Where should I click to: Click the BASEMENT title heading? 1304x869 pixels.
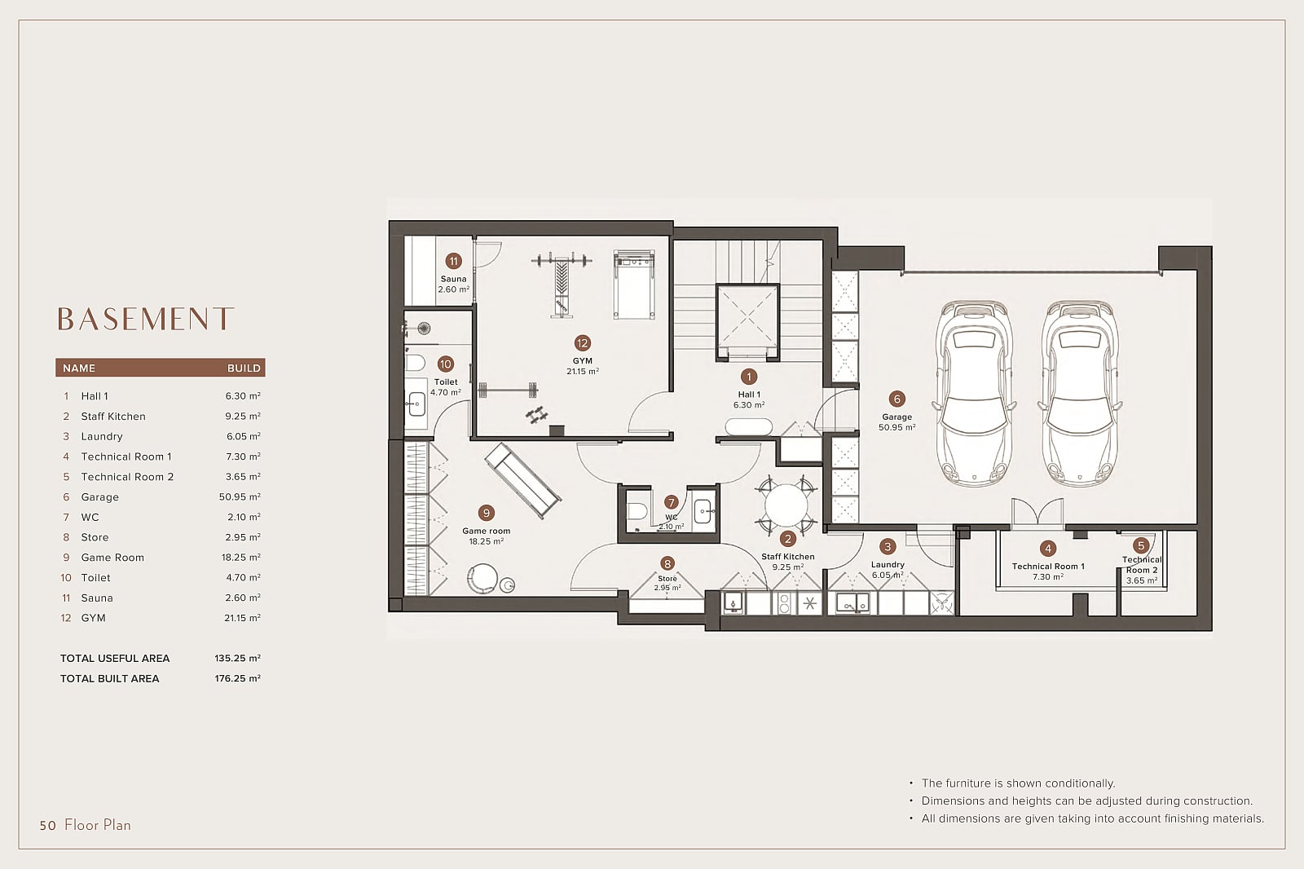146,319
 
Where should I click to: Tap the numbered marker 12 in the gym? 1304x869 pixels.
582,343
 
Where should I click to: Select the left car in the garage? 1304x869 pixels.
974,393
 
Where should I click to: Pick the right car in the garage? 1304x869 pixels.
1080,393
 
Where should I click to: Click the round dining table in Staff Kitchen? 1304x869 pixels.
786,505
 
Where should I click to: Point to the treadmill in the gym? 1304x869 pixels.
634,285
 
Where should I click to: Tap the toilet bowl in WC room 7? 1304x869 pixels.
637,511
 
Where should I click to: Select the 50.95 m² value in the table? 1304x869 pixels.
240,496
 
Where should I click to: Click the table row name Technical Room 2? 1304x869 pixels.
127,476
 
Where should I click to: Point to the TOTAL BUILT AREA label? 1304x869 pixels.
109,678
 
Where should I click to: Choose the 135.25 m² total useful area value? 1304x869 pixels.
237,658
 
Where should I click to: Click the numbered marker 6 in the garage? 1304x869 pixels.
896,399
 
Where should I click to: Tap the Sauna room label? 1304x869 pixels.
453,279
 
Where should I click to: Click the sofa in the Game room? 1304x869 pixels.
522,480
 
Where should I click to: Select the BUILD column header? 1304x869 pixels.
244,368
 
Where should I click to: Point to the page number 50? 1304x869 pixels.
48,825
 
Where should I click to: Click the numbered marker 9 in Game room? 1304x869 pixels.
486,513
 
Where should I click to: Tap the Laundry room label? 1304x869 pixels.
888,564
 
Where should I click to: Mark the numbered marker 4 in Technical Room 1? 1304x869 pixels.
1048,548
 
